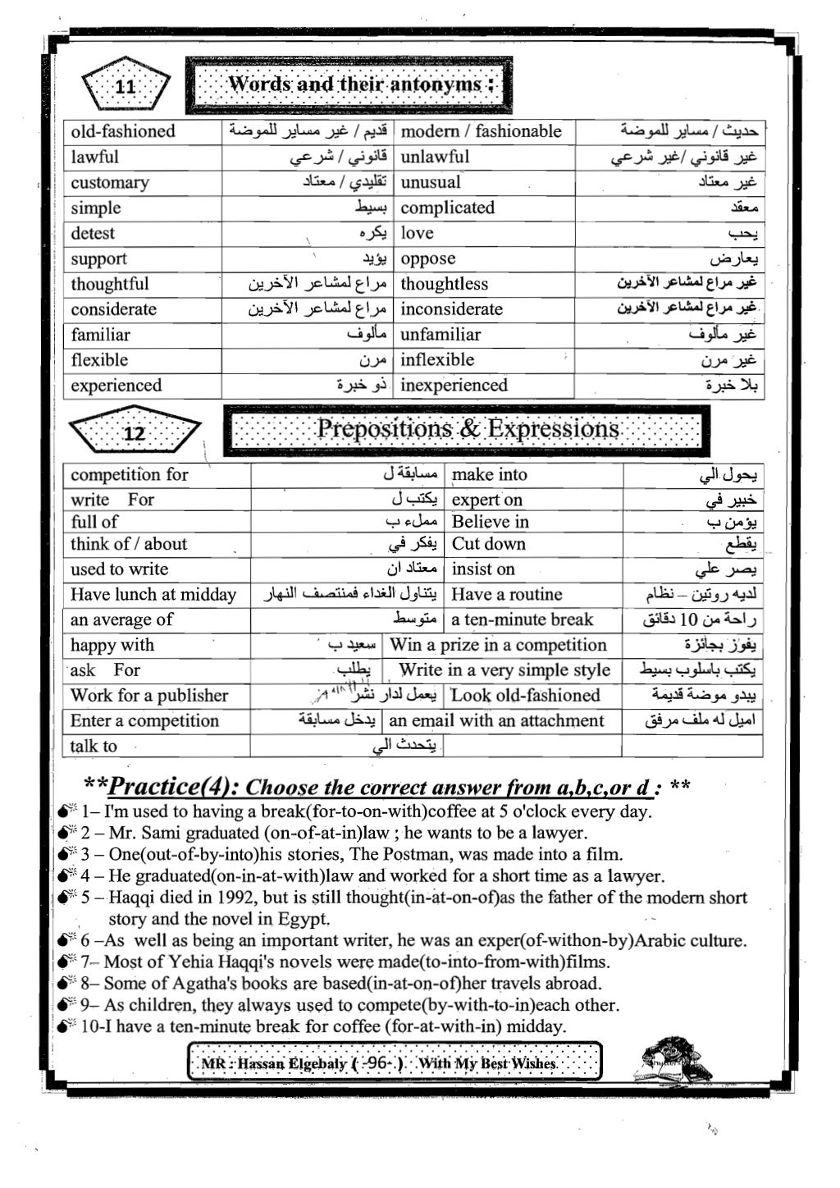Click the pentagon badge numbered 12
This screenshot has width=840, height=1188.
click(x=134, y=432)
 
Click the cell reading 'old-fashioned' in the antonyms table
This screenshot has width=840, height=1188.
click(x=123, y=131)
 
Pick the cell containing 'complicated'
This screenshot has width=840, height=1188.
click(x=448, y=208)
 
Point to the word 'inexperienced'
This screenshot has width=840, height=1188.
click(x=454, y=386)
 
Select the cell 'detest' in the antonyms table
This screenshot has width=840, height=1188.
click(x=93, y=233)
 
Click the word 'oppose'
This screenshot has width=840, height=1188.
click(x=428, y=258)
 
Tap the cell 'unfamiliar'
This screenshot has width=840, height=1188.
click(x=441, y=335)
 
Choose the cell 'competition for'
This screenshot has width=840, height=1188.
click(x=130, y=474)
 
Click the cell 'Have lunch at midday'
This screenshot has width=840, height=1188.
click(x=153, y=595)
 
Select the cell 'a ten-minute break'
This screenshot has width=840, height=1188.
click(x=523, y=620)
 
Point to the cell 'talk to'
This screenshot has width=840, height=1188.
click(x=94, y=746)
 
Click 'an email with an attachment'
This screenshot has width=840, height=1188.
click(x=496, y=721)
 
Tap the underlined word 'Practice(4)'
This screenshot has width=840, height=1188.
click(x=173, y=788)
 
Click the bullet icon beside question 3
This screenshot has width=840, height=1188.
click(x=67, y=854)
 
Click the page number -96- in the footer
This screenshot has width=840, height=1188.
click(x=377, y=1063)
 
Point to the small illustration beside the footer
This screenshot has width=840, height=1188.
click(x=672, y=1061)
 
